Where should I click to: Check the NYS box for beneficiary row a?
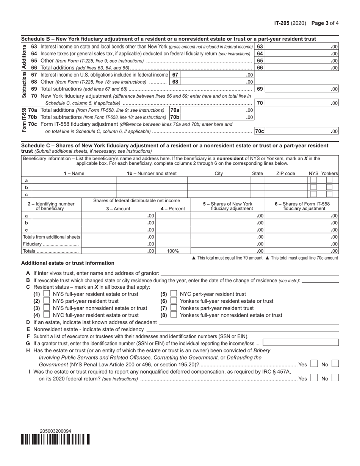tap(313, 180)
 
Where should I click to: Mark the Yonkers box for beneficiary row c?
tap(329, 194)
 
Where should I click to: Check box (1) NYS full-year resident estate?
tap(47, 294)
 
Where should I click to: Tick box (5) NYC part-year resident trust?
tap(174, 294)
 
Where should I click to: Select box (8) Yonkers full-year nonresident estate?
tap(174, 315)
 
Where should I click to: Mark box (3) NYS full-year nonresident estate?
tap(47, 308)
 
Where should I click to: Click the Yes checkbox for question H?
tap(313, 364)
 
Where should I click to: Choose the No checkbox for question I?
tap(335, 378)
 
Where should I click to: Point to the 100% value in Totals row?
tap(173, 251)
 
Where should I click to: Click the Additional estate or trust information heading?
tap(67, 263)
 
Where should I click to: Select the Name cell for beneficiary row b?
tap(74, 187)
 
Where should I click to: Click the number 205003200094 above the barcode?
tap(55, 431)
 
